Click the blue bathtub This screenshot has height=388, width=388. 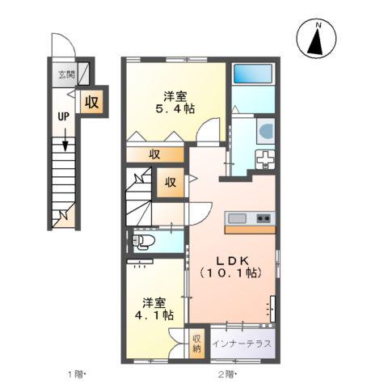[253, 74]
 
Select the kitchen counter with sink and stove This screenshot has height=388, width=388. [250, 218]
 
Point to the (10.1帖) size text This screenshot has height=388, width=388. [231, 275]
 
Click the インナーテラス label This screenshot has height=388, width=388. [242, 344]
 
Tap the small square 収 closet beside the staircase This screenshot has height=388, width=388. [171, 183]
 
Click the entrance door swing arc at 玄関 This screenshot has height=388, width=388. [63, 46]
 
